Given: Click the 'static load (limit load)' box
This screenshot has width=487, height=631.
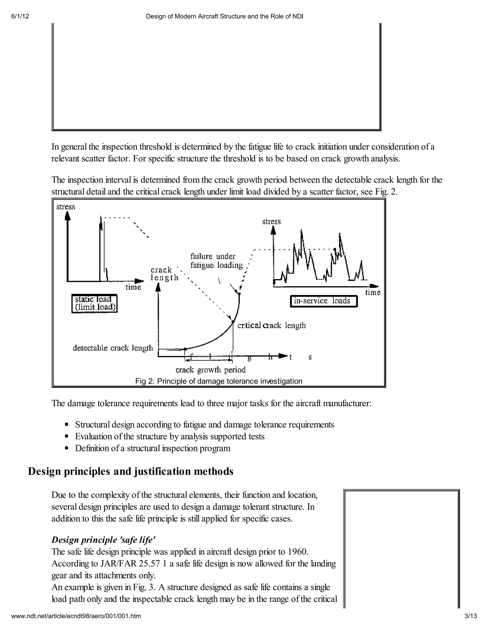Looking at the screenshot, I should click(94, 303).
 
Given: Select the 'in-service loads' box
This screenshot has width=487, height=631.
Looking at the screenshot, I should click(323, 301).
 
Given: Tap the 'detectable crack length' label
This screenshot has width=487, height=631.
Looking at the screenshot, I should click(113, 348).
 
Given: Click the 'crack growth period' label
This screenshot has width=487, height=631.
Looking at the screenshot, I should click(211, 370).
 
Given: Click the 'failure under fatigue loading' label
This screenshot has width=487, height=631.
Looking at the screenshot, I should click(216, 260).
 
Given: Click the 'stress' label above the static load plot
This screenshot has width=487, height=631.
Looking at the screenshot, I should click(66, 207).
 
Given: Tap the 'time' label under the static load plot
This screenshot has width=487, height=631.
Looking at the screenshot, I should click(133, 287).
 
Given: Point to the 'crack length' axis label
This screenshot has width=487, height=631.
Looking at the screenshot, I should click(164, 274).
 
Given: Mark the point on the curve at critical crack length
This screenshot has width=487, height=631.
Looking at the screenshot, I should click(233, 321).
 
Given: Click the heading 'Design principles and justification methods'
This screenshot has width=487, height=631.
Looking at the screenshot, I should click(130, 471).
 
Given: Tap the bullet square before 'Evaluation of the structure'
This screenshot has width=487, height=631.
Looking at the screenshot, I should click(66, 436).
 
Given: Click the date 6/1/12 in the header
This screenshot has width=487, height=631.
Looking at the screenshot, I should click(20, 16).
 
